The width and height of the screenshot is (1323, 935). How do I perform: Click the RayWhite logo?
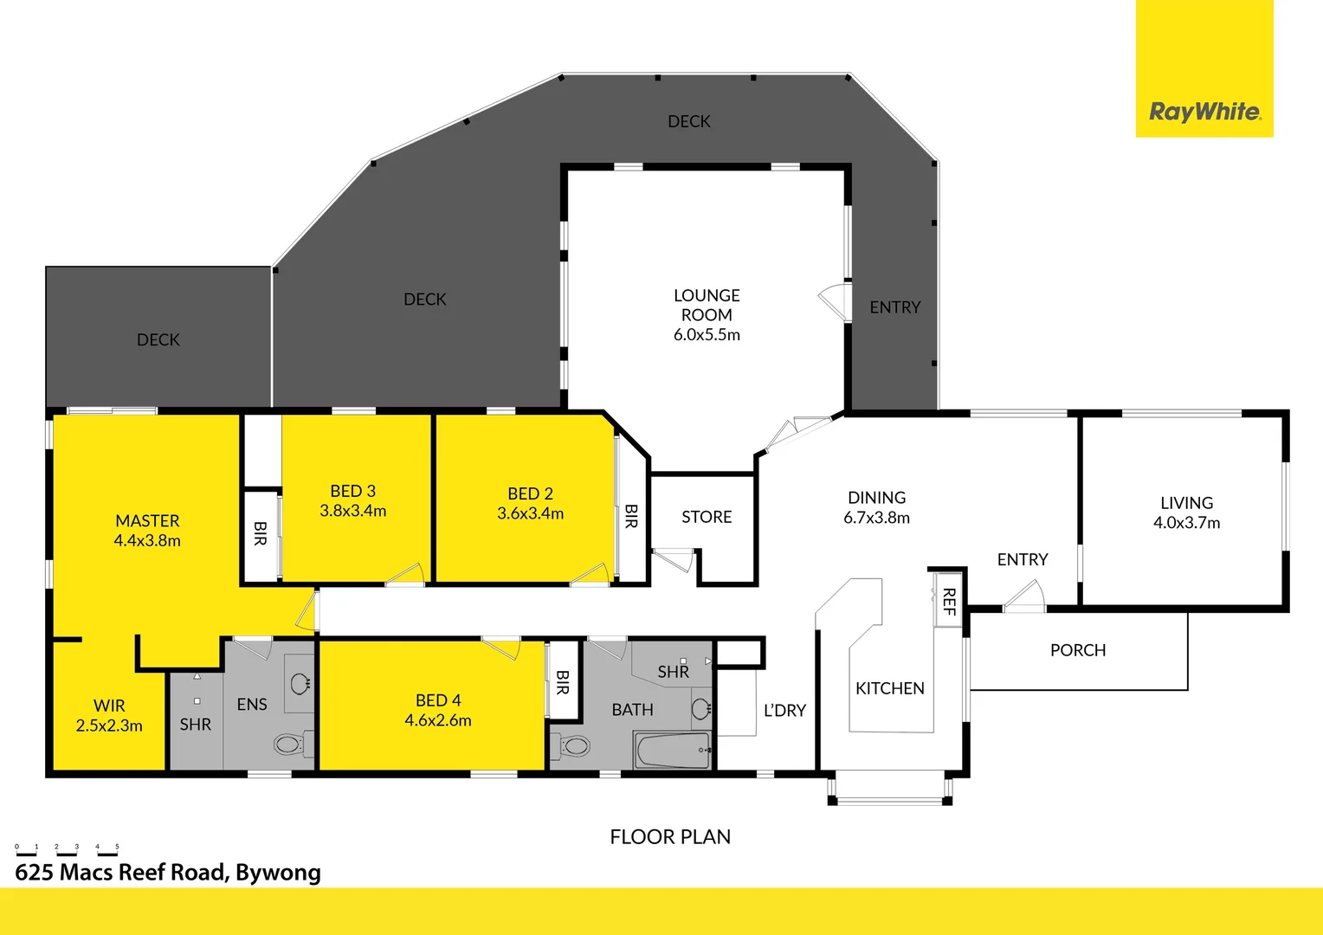pyautogui.click(x=1204, y=112)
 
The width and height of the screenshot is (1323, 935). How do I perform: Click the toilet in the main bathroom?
pyautogui.click(x=573, y=745)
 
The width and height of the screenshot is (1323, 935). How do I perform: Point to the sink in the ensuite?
pyautogui.click(x=300, y=684)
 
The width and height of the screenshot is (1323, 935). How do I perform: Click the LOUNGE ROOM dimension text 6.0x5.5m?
pyautogui.click(x=707, y=335)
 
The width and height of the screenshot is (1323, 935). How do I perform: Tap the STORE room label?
pyautogui.click(x=707, y=517)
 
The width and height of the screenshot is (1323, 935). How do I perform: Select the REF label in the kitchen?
pyautogui.click(x=949, y=600)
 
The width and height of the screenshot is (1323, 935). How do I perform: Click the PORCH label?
pyautogui.click(x=1078, y=650)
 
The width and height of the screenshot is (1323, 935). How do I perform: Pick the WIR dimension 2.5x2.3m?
pyautogui.click(x=109, y=725)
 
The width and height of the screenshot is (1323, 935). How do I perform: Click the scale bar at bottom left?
pyautogui.click(x=67, y=849)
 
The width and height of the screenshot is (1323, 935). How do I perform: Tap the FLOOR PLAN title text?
pyautogui.click(x=670, y=837)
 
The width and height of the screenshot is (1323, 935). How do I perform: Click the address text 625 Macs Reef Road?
pyautogui.click(x=168, y=873)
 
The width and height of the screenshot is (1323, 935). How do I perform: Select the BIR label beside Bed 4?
pyautogui.click(x=563, y=682)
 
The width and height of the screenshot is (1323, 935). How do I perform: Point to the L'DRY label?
pyautogui.click(x=784, y=711)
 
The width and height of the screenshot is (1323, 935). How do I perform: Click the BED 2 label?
pyautogui.click(x=530, y=493)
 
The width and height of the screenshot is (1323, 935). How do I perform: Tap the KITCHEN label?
pyautogui.click(x=890, y=688)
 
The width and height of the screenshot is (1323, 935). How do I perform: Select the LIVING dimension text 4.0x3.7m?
pyautogui.click(x=1186, y=523)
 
